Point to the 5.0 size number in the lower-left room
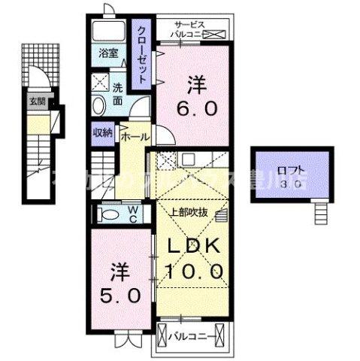pyautogui.click(x=119, y=296)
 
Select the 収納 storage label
pyautogui.click(x=103, y=132)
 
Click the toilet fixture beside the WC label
pyautogui.click(x=109, y=215)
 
